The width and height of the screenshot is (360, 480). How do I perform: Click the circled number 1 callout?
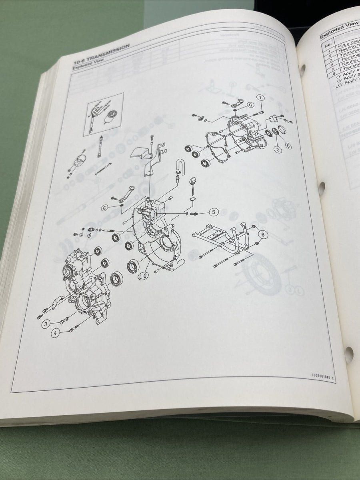click(x=260, y=98)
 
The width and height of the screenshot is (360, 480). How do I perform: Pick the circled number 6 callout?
click(x=262, y=234)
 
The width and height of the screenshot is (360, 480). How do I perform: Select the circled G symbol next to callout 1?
click(x=251, y=105)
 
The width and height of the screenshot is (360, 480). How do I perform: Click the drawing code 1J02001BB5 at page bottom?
click(x=324, y=376)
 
